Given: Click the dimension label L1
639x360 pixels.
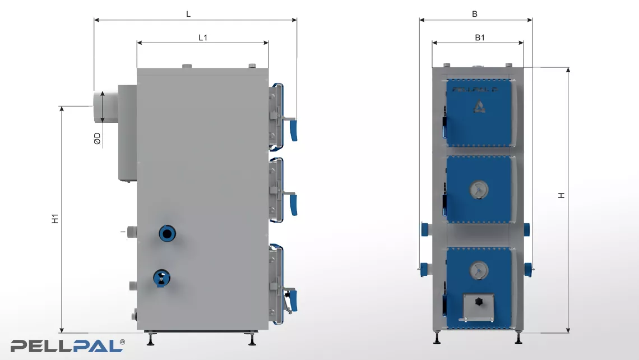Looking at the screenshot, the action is click(203, 38).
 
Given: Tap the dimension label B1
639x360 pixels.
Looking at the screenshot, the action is click(480, 38).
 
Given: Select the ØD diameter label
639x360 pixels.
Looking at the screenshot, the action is click(97, 139).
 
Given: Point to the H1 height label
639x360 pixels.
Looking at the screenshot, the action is click(55, 219).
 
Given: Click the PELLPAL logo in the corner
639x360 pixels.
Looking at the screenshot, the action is click(68, 346).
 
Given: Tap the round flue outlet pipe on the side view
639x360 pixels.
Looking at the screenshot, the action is click(105, 107).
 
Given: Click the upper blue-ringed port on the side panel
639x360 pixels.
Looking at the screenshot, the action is click(167, 233).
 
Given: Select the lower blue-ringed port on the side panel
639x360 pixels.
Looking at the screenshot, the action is click(162, 279).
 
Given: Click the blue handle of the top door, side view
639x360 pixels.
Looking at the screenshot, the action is click(293, 131).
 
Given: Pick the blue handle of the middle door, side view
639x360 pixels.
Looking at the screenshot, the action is click(293, 205).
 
